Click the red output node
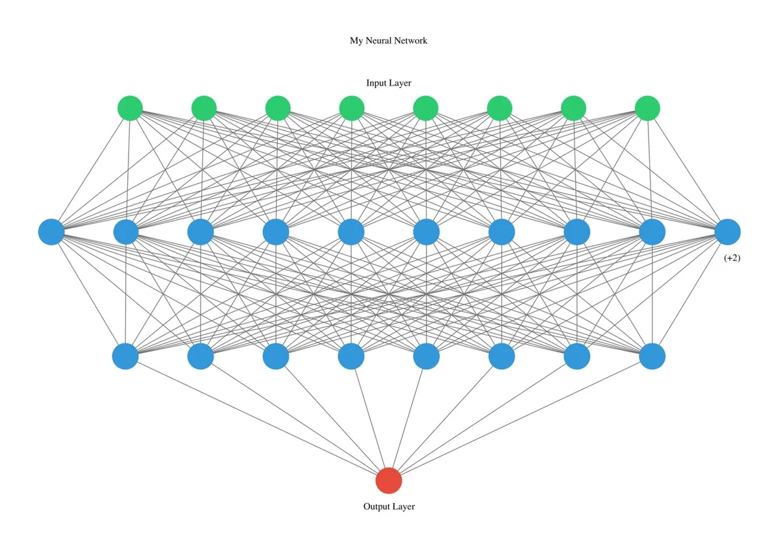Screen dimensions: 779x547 click(x=389, y=481)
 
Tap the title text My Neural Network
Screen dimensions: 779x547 click(x=388, y=41)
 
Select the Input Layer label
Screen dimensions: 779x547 click(x=389, y=83)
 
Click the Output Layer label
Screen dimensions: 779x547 click(x=389, y=506)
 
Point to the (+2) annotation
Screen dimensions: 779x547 click(x=732, y=258)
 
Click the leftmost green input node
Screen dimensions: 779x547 click(x=130, y=108)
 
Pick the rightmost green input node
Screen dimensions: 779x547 click(x=647, y=108)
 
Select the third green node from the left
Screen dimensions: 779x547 click(x=278, y=108)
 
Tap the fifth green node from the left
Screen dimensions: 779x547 click(x=426, y=108)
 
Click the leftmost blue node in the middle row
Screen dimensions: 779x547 click(x=51, y=232)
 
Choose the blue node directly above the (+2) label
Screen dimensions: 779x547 click(x=728, y=232)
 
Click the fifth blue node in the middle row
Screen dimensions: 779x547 click(x=351, y=232)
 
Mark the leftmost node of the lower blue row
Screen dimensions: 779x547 click(x=125, y=356)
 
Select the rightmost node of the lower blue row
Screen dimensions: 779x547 click(x=652, y=356)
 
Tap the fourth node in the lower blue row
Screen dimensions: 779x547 click(x=351, y=356)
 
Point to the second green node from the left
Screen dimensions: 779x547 click(x=204, y=108)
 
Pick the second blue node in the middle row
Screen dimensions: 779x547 click(x=126, y=232)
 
